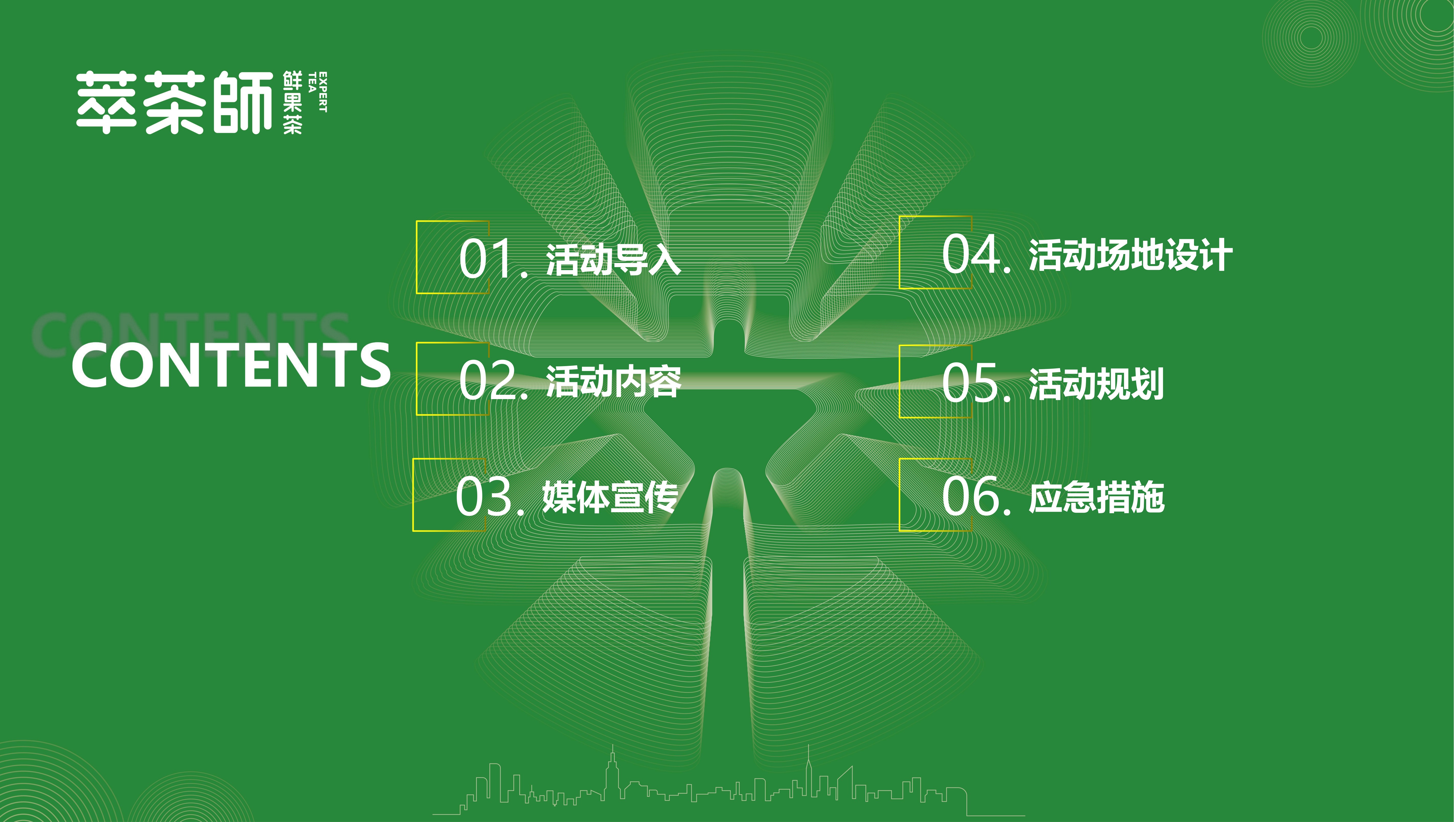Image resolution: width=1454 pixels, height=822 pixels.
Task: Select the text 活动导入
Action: (613, 260)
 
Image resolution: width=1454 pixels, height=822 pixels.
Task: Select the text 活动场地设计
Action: (1131, 255)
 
